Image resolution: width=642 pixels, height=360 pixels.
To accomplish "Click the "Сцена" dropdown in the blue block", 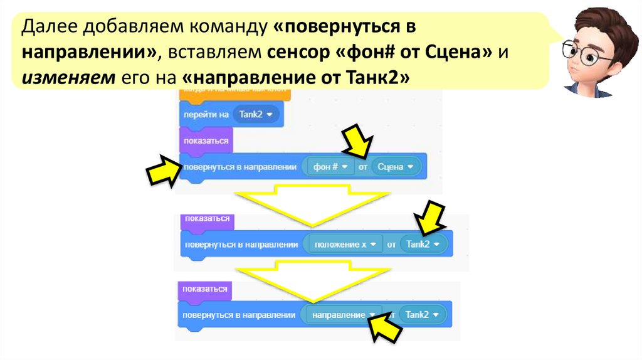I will point(394,167).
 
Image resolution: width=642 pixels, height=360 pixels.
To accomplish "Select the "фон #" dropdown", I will point(330,167).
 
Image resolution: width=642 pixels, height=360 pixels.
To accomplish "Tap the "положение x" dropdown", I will point(345,244).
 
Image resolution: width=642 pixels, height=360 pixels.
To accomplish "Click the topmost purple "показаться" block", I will point(204,140).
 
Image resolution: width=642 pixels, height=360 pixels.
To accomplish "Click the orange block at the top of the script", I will point(235,94).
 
